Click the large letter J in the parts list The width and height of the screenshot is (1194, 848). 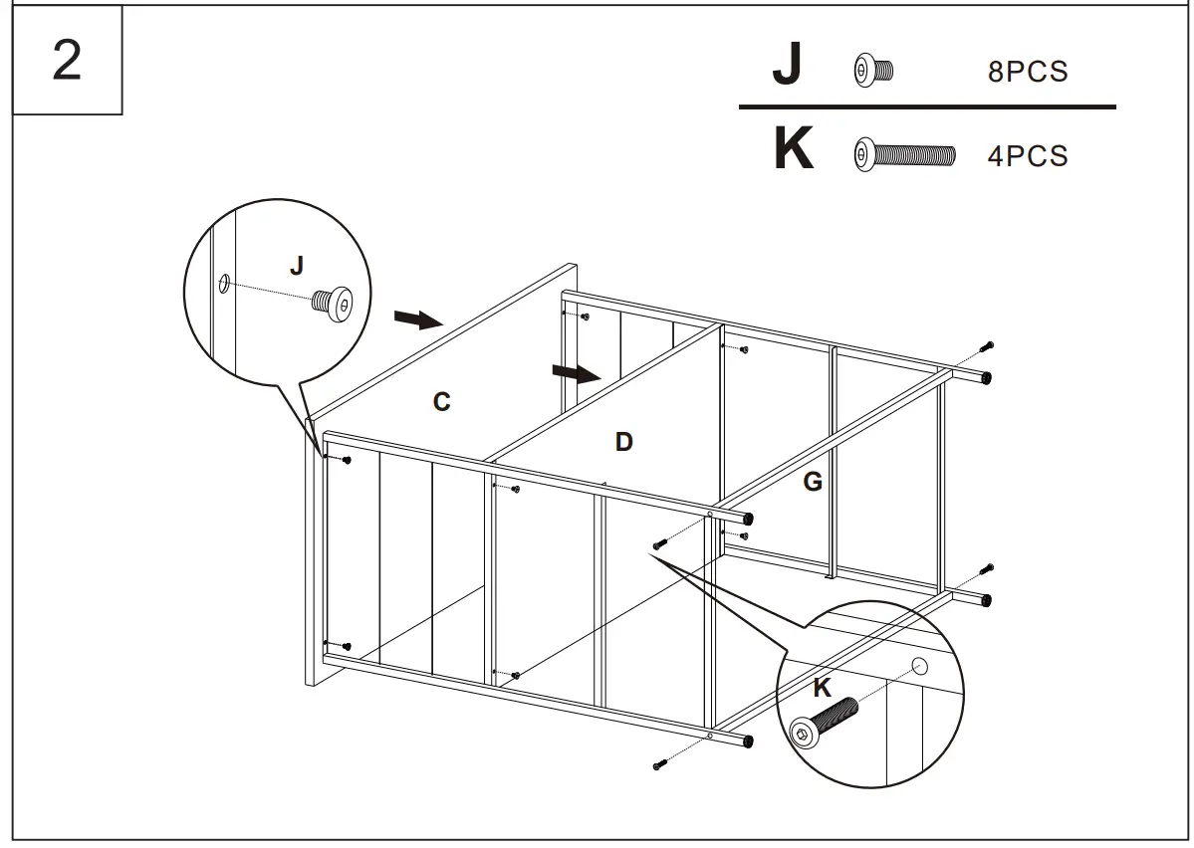coord(787,66)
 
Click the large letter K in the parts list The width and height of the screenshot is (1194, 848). coord(793,150)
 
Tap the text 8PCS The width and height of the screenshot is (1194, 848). coord(1028,73)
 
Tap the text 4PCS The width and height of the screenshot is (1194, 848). coord(1028,156)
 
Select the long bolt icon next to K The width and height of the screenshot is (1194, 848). coord(904,154)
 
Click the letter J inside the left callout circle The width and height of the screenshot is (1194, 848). coord(296,265)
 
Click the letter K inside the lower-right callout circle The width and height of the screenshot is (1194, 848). coord(822,688)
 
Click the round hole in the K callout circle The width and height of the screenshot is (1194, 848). coord(919,666)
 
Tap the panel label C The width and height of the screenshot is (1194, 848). coord(441,402)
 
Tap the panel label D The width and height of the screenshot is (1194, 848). coord(623,442)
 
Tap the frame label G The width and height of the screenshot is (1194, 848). coord(813,483)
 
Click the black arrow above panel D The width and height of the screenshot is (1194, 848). coord(577,373)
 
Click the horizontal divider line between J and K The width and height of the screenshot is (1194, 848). coord(926,106)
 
